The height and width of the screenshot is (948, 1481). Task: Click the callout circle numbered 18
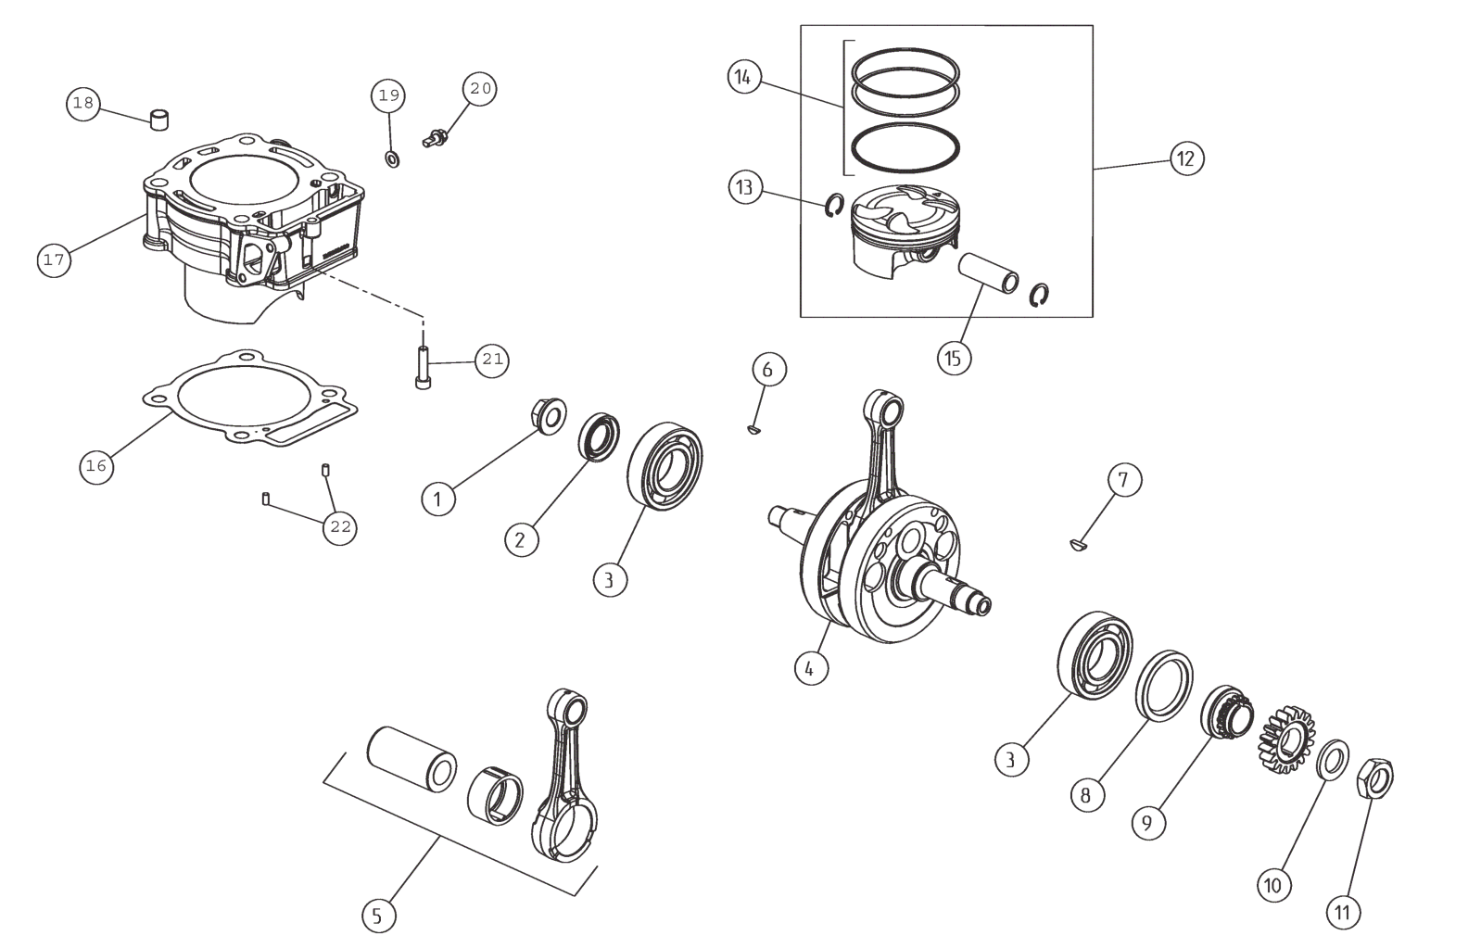click(83, 103)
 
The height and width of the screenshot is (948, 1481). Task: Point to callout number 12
click(1185, 158)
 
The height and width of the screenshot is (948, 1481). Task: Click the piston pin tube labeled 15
click(988, 273)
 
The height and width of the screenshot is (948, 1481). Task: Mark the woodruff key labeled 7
click(1078, 545)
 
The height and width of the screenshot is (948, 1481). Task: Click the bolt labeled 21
click(423, 368)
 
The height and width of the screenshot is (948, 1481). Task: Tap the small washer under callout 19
click(392, 159)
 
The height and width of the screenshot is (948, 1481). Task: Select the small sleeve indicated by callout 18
click(162, 120)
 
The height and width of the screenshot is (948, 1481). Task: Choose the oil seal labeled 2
click(601, 437)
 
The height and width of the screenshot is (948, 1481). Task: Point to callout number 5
click(377, 916)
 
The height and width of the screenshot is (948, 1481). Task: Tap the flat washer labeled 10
click(1332, 761)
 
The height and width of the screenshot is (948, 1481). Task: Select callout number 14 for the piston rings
click(742, 77)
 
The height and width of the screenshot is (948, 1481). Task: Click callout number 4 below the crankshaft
click(810, 667)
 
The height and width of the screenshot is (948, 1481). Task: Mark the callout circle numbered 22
click(340, 527)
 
